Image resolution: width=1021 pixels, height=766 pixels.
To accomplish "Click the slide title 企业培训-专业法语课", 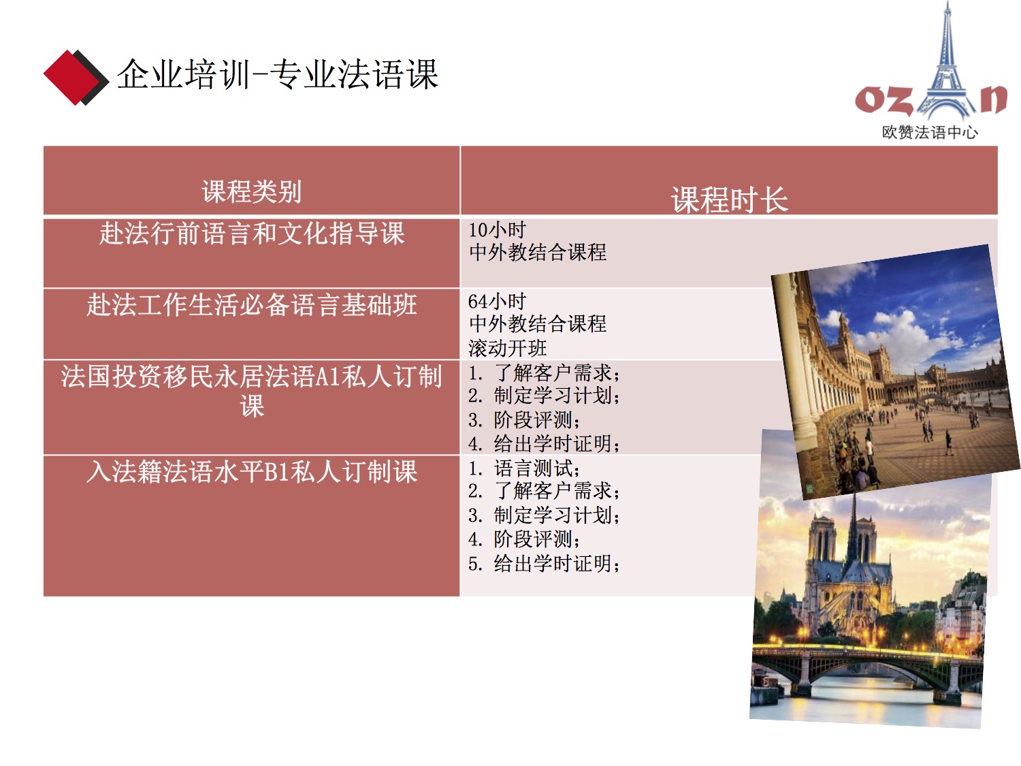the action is click(x=277, y=74).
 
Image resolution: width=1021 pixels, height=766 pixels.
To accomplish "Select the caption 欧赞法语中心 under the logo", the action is click(x=929, y=132).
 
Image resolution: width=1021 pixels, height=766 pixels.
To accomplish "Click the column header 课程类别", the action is click(x=252, y=191).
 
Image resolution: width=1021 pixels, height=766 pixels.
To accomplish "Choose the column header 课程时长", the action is click(x=729, y=200).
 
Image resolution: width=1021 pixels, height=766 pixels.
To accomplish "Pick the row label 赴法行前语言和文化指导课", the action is click(x=252, y=234).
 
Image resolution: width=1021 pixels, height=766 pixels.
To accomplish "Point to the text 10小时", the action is click(x=497, y=229).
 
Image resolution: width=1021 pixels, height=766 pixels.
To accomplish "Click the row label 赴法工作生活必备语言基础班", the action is click(x=252, y=305).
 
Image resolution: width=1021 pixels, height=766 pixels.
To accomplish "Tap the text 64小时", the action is click(x=497, y=302).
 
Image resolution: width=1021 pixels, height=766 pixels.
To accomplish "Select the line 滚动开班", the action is click(x=508, y=348).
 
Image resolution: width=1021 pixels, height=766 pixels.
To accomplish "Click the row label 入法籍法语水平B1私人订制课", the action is click(x=252, y=472).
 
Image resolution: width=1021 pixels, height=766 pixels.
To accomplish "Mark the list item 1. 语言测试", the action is click(x=524, y=468).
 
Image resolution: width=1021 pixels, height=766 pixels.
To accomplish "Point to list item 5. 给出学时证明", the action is click(x=545, y=564).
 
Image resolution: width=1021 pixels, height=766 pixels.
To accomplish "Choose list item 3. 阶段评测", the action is click(x=524, y=420).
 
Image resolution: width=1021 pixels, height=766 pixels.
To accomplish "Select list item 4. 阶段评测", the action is click(x=524, y=539).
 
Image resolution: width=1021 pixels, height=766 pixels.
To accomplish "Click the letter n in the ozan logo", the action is click(x=994, y=99).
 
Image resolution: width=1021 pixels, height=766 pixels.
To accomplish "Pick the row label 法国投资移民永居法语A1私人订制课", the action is click(x=252, y=391).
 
